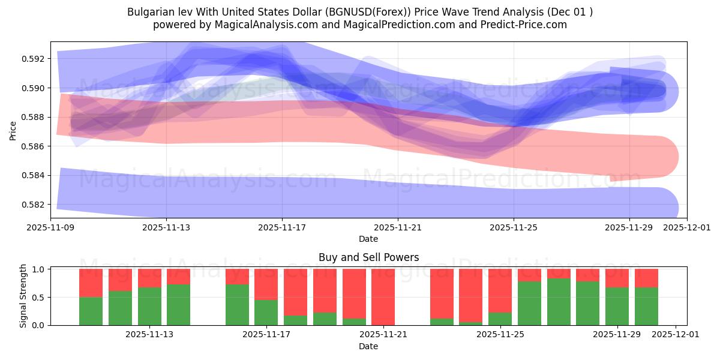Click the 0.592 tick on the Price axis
pos(34,59)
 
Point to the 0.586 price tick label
pos(34,146)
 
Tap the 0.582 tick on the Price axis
pos(34,205)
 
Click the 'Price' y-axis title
pos(13,130)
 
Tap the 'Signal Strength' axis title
pos(24,296)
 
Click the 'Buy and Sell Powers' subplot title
pos(368,257)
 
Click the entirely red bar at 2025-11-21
pos(383,297)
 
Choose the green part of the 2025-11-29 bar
pos(617,306)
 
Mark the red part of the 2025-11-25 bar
pos(500,290)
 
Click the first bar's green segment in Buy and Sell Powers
pos(91,311)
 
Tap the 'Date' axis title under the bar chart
pos(368,346)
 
